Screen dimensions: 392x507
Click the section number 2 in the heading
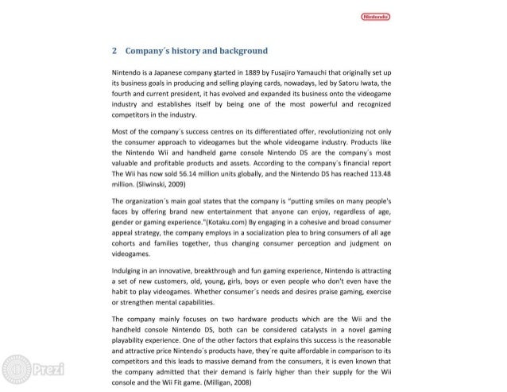116,51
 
